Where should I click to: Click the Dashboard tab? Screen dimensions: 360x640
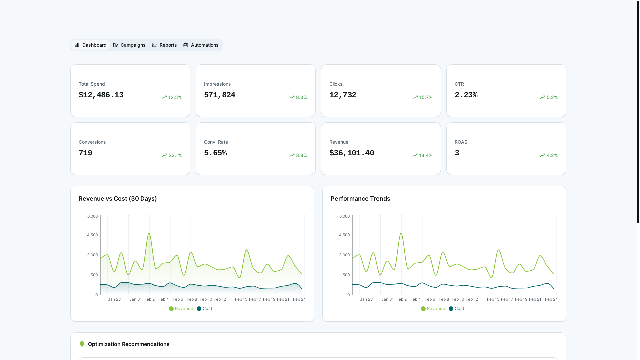click(90, 45)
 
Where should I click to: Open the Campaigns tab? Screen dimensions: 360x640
click(129, 45)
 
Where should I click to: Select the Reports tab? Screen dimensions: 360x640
click(164, 45)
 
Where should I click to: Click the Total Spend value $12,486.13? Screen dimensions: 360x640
click(101, 95)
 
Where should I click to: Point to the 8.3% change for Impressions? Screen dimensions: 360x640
click(298, 97)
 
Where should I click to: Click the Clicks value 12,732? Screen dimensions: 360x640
click(343, 95)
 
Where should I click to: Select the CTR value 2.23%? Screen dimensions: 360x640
click(466, 95)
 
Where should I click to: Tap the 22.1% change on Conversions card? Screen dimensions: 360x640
click(172, 155)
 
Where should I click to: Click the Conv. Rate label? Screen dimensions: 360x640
click(216, 142)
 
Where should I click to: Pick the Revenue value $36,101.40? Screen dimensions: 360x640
click(352, 153)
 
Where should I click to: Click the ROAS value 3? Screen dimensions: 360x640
click(457, 153)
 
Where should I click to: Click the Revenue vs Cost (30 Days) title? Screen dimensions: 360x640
click(118, 199)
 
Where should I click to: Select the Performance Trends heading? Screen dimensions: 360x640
click(360, 199)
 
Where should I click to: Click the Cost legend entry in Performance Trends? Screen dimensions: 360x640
click(456, 309)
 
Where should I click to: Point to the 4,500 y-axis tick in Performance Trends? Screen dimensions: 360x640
click(344, 235)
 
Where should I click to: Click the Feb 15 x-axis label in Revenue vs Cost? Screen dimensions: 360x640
click(241, 299)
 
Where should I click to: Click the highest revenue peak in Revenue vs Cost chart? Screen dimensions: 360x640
click(149, 233)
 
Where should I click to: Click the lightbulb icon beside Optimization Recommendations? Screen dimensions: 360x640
click(82, 344)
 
